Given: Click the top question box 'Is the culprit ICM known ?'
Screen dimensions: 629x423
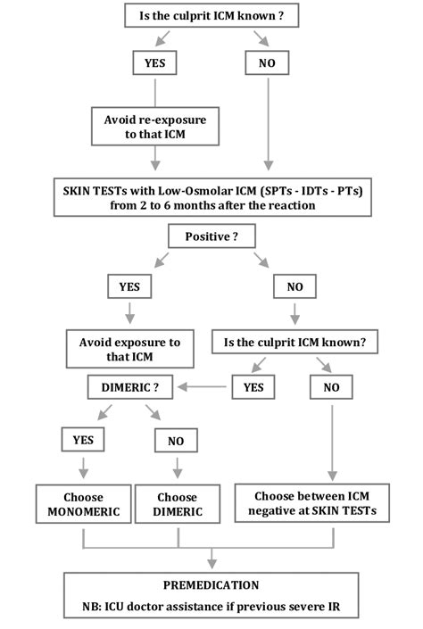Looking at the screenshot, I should tap(211, 15).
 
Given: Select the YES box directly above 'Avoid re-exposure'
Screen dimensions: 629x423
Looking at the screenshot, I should tap(155, 63).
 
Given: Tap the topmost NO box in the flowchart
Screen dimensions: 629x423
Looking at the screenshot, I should tap(266, 63).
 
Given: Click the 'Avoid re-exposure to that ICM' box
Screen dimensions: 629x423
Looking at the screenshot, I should tap(155, 126).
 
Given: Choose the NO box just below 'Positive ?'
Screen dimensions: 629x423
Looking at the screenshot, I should tap(294, 287).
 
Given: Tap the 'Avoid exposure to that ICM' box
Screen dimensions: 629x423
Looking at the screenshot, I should tap(129, 349).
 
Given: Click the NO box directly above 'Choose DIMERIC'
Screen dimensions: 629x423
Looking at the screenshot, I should tap(176, 439).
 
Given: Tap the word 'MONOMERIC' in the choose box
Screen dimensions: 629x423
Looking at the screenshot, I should tap(83, 511).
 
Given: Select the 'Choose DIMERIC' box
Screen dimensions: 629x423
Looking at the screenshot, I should tap(177, 504).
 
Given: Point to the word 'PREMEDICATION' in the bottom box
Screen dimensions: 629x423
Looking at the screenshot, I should tap(211, 585).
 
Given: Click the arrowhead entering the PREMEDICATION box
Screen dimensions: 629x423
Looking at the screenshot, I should tap(211, 564).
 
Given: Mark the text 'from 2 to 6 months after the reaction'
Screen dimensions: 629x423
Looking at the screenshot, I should tap(211, 204).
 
